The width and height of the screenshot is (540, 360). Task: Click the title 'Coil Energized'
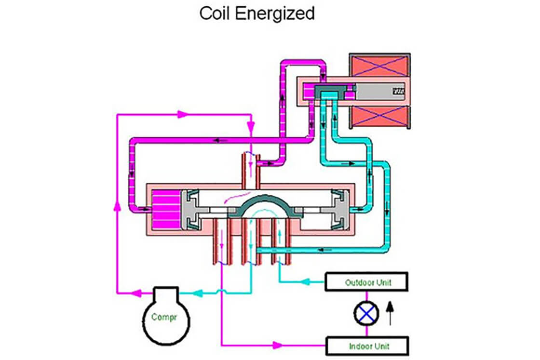point(256,13)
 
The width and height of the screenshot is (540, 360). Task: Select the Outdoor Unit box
point(367,282)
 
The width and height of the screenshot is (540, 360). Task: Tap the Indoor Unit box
point(367,346)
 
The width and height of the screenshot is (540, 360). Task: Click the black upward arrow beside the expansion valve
point(391,313)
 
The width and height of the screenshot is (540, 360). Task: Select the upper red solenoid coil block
point(380,67)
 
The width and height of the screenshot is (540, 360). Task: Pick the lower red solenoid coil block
point(380,118)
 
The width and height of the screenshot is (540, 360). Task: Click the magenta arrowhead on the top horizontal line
point(183,114)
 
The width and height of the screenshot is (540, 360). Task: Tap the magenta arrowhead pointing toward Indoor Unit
point(277,345)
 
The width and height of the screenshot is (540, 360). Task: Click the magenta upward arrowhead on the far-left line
point(116,205)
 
